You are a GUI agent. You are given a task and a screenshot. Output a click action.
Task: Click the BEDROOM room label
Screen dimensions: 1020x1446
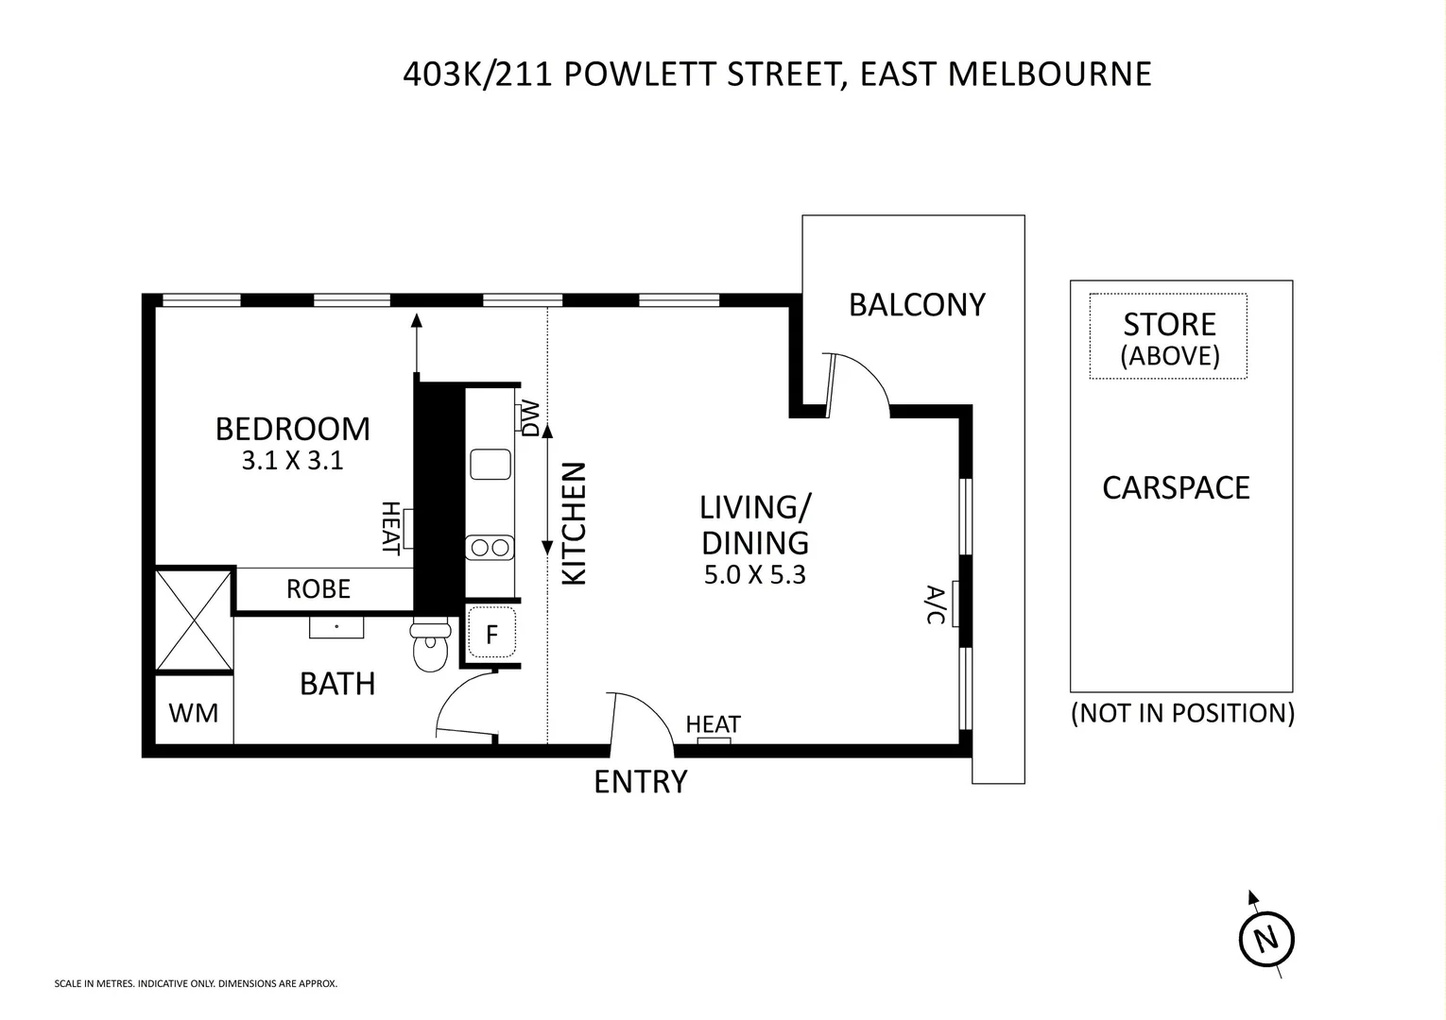click(292, 429)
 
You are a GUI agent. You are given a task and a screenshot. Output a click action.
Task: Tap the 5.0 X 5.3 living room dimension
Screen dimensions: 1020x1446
click(754, 575)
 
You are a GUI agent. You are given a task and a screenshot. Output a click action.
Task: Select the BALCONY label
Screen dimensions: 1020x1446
click(917, 305)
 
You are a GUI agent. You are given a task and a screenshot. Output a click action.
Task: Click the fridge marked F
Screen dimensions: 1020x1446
click(491, 633)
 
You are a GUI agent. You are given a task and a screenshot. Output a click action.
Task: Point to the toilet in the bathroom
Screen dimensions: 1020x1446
click(431, 647)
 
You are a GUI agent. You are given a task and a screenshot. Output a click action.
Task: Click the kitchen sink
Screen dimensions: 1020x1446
click(491, 465)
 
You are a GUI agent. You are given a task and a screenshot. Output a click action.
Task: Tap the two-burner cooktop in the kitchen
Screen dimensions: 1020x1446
click(491, 547)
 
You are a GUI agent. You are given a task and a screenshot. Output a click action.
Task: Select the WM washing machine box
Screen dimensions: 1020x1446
click(194, 712)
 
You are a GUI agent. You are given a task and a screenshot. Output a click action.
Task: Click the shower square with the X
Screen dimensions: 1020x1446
click(194, 620)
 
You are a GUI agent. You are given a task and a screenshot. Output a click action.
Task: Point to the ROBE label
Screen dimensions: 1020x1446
click(318, 589)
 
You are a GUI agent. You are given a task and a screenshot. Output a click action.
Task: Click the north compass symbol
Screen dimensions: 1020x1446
click(1265, 939)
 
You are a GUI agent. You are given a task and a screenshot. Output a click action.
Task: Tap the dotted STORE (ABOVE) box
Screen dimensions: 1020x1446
click(1168, 336)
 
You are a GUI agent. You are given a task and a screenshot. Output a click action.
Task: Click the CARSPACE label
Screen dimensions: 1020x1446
click(1176, 487)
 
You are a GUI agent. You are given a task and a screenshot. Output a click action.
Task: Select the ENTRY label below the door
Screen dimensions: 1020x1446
click(641, 782)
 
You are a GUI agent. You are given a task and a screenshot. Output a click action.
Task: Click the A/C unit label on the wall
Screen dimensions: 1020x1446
click(935, 604)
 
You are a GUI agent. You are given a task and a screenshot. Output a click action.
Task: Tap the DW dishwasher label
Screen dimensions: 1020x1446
click(530, 417)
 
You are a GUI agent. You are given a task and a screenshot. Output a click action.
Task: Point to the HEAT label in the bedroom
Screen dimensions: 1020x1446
click(390, 528)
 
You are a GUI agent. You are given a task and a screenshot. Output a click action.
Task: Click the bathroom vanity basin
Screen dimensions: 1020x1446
click(336, 626)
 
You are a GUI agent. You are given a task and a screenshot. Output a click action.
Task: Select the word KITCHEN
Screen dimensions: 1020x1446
click(575, 523)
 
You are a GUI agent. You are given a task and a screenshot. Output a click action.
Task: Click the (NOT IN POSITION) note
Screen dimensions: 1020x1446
click(1181, 713)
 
